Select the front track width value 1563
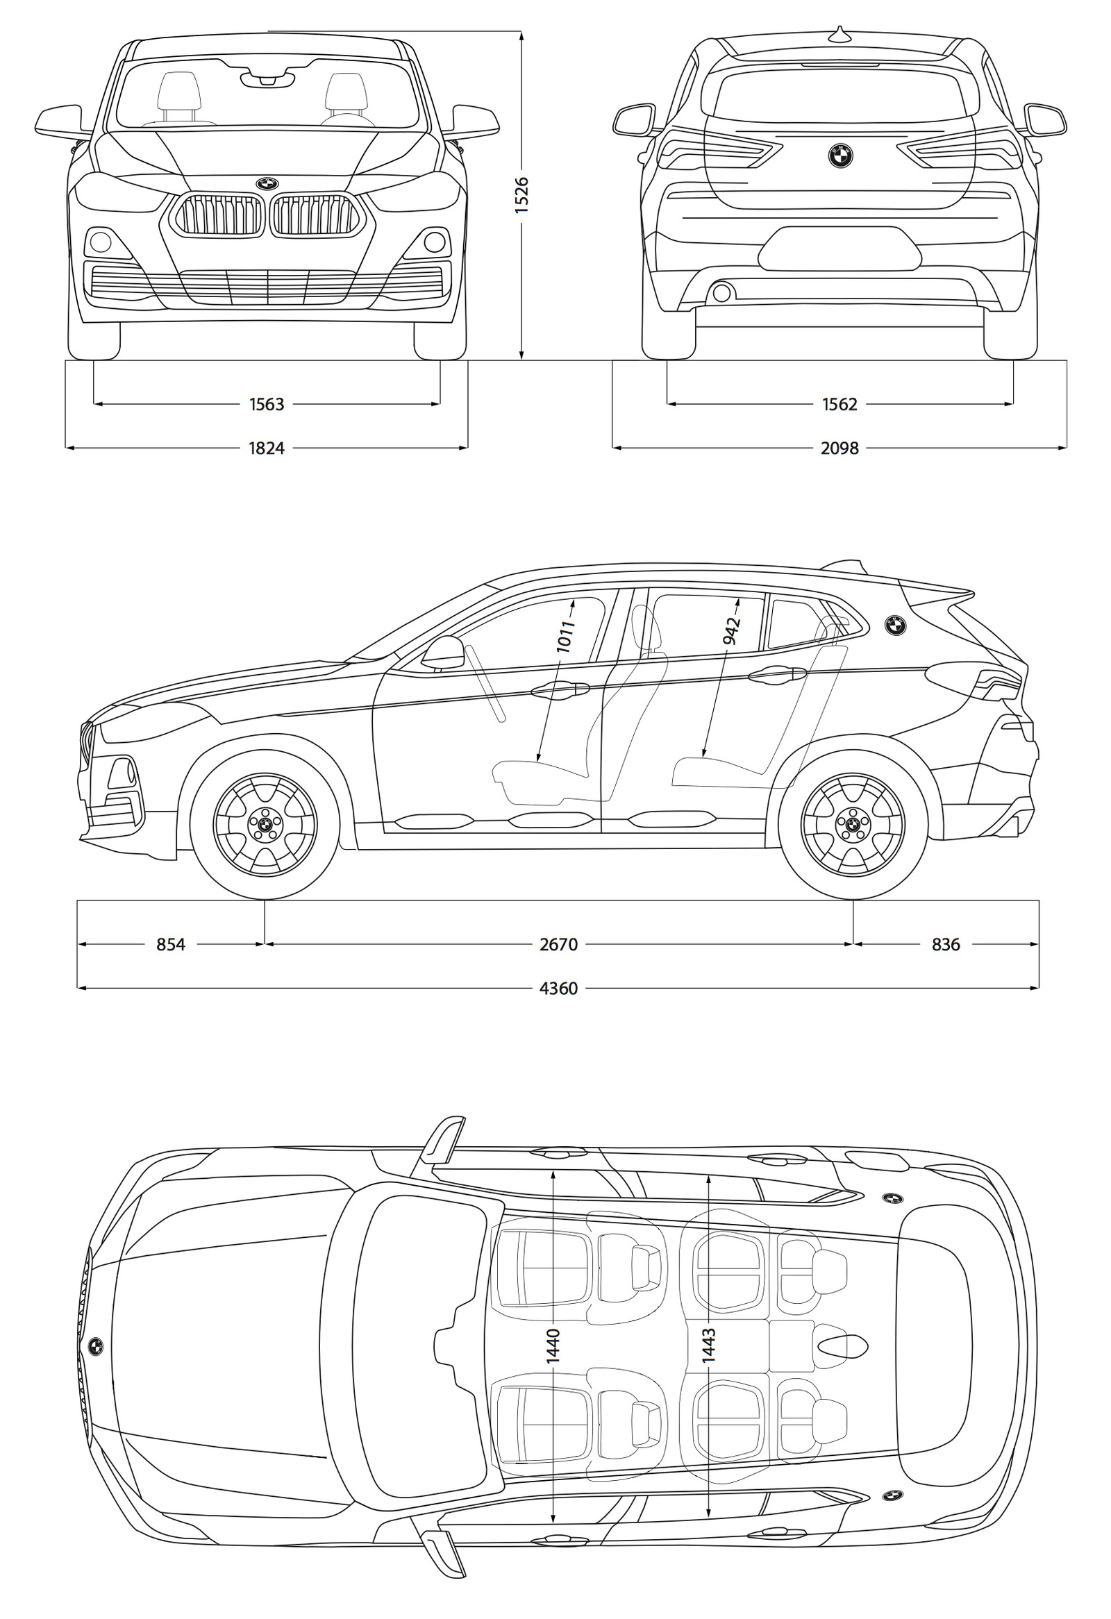[267, 404]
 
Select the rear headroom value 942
[730, 630]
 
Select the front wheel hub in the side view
[265, 825]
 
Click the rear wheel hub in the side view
[853, 825]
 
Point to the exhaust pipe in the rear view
[721, 292]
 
